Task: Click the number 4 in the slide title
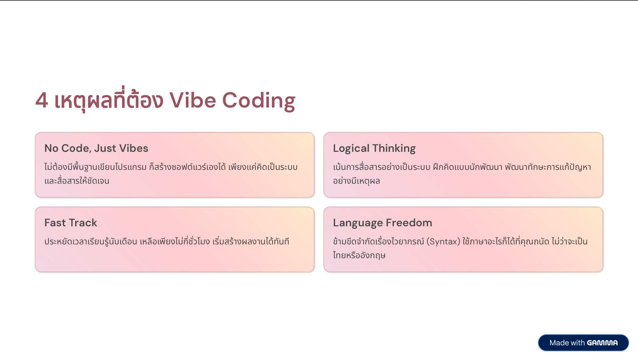(42, 100)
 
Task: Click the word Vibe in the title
(192, 100)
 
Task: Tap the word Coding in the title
(259, 101)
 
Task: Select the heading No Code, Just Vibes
(96, 148)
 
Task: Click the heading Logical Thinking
(374, 148)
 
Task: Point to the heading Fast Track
(71, 223)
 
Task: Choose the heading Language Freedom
(382, 223)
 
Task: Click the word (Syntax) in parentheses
(443, 242)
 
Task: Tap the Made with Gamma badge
(583, 343)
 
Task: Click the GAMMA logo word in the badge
(602, 343)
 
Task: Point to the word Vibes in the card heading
(134, 148)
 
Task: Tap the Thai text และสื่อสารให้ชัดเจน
(77, 181)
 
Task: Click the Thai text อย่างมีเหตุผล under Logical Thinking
(357, 181)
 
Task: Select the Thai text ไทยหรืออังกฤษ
(359, 255)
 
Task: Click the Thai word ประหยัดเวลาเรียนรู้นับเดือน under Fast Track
(91, 241)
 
